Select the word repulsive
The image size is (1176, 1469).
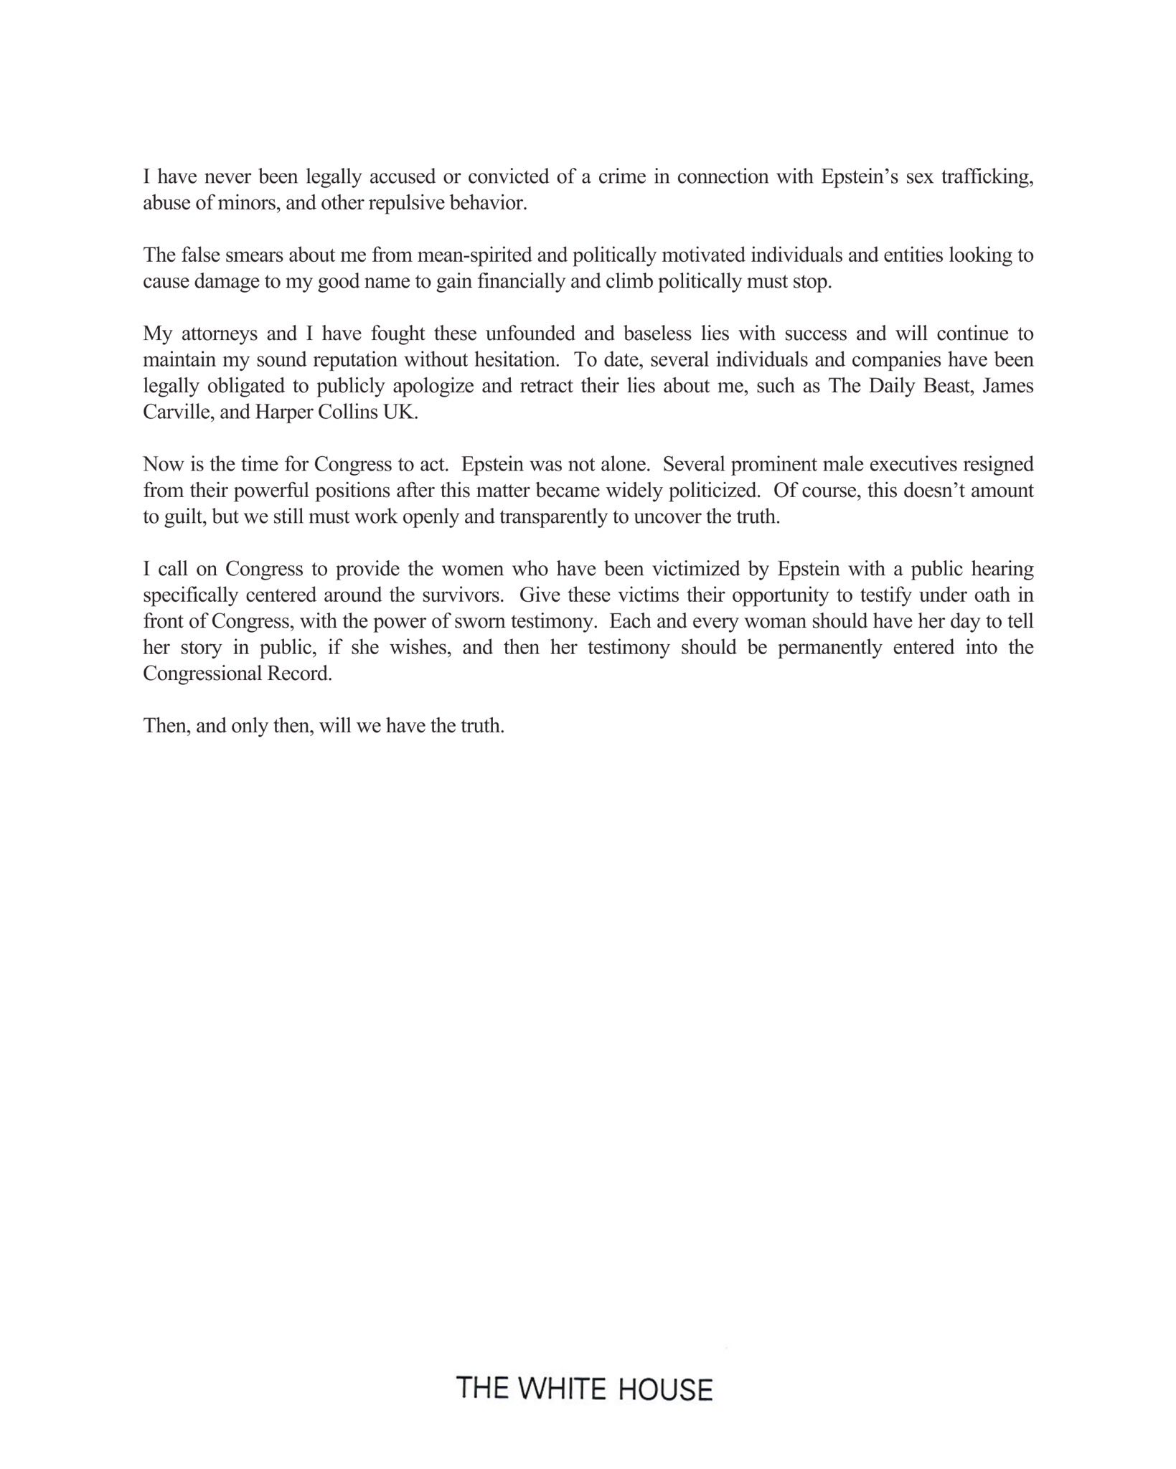404,203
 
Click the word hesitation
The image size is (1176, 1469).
516,360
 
